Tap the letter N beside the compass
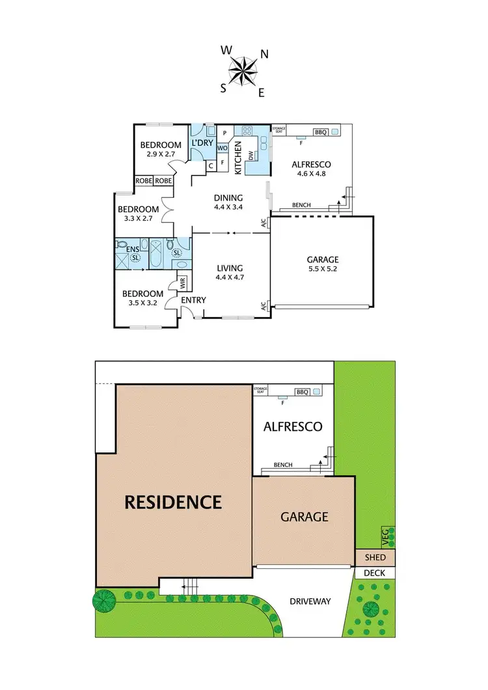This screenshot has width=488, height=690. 265,54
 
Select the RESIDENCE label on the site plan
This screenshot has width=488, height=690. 173,502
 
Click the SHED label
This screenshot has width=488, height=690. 375,558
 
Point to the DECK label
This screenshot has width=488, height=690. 375,573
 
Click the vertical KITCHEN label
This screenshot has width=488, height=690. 239,158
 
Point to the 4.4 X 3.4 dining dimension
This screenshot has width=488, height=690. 228,210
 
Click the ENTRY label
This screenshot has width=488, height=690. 193,300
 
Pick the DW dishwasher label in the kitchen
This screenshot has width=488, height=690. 251,155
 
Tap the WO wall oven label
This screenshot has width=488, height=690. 222,148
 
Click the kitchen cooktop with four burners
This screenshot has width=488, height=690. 247,131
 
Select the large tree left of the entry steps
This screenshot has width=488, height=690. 103,600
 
